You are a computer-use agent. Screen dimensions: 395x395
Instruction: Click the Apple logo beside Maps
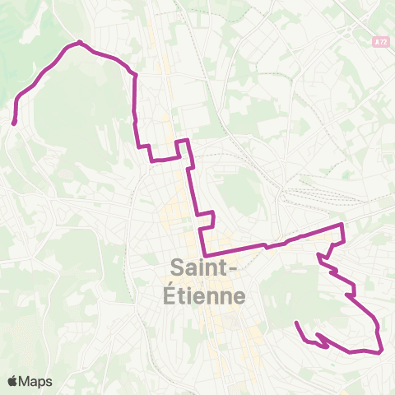pyautogui.click(x=13, y=381)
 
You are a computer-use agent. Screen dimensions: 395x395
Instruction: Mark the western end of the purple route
pyautogui.click(x=14, y=123)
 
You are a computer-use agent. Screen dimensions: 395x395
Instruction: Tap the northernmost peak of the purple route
pyautogui.click(x=80, y=42)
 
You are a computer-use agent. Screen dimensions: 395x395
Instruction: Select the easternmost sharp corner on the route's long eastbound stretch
pyautogui.click(x=342, y=224)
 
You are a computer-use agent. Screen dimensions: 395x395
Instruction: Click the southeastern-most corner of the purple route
pyautogui.click(x=382, y=351)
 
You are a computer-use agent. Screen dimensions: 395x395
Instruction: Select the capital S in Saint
pyautogui.click(x=175, y=267)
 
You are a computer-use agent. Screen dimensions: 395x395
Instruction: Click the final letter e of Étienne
pyautogui.click(x=237, y=296)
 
